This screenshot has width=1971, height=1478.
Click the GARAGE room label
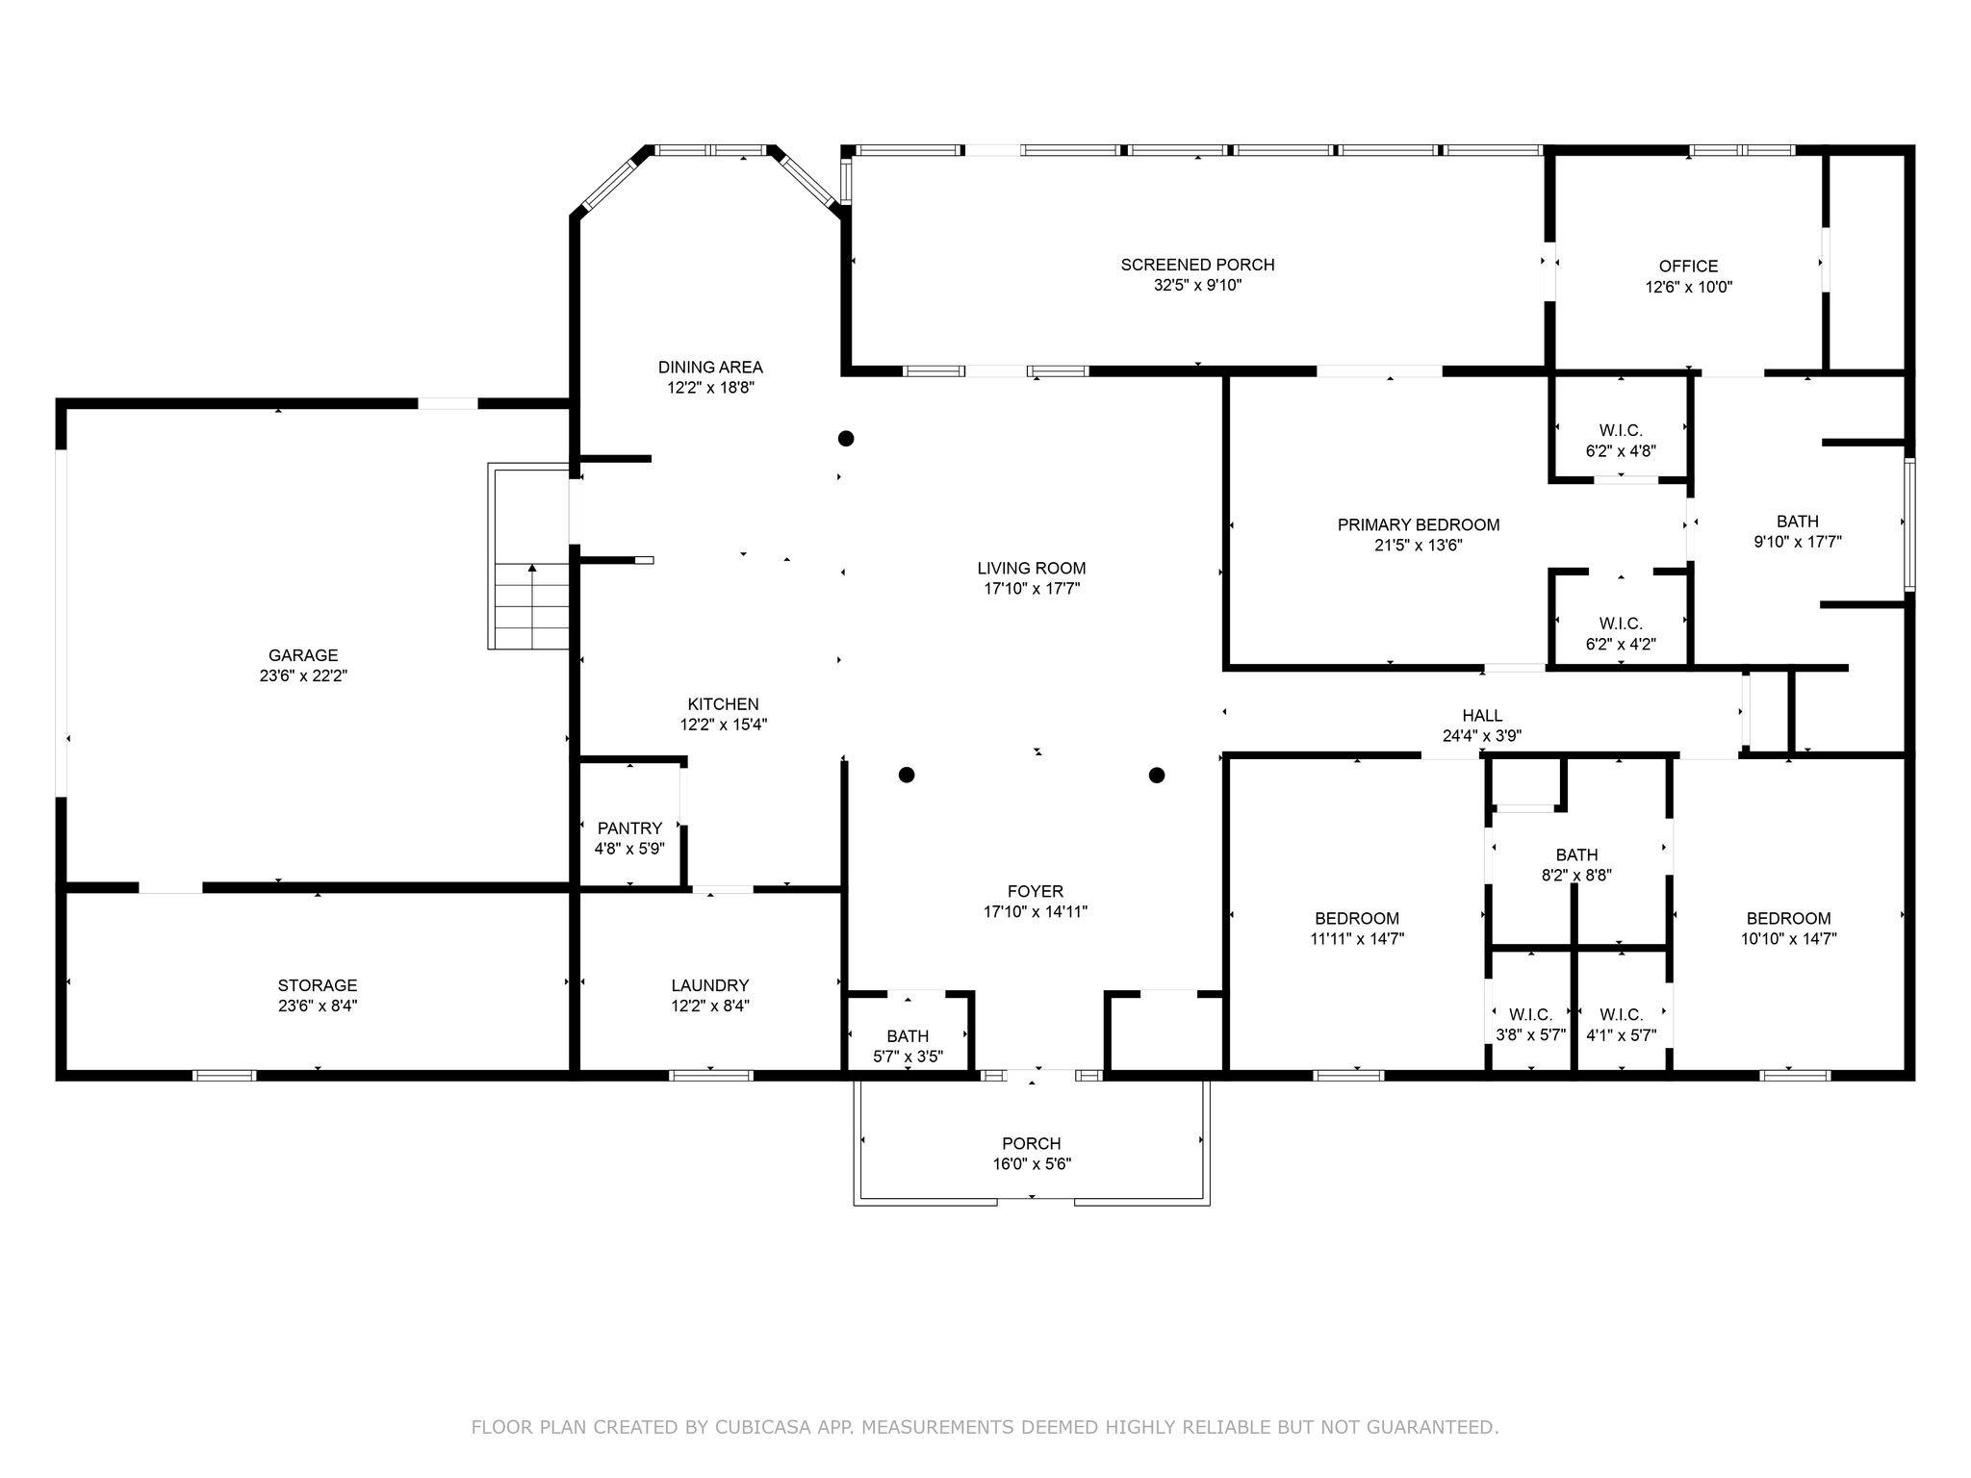click(x=302, y=655)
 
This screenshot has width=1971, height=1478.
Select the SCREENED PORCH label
click(x=1196, y=265)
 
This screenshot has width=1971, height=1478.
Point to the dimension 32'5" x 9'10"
click(x=1196, y=286)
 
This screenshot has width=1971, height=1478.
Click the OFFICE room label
click(x=1688, y=267)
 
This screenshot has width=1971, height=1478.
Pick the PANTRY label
click(x=629, y=828)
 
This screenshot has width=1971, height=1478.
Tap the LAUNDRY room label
click(x=709, y=985)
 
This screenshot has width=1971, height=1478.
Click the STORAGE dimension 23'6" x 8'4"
click(x=318, y=1007)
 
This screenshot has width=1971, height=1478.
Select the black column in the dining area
click(x=846, y=439)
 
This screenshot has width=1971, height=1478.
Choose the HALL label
click(x=1481, y=716)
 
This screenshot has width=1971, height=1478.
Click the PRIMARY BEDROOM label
click(x=1418, y=525)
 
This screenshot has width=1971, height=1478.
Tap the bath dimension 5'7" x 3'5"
click(x=908, y=1057)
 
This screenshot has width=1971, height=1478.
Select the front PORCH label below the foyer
click(x=1031, y=1143)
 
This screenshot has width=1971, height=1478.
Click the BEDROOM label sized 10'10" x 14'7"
click(x=1788, y=919)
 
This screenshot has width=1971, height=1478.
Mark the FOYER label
click(x=1035, y=892)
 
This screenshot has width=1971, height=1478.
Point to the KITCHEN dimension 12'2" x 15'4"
click(x=723, y=726)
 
